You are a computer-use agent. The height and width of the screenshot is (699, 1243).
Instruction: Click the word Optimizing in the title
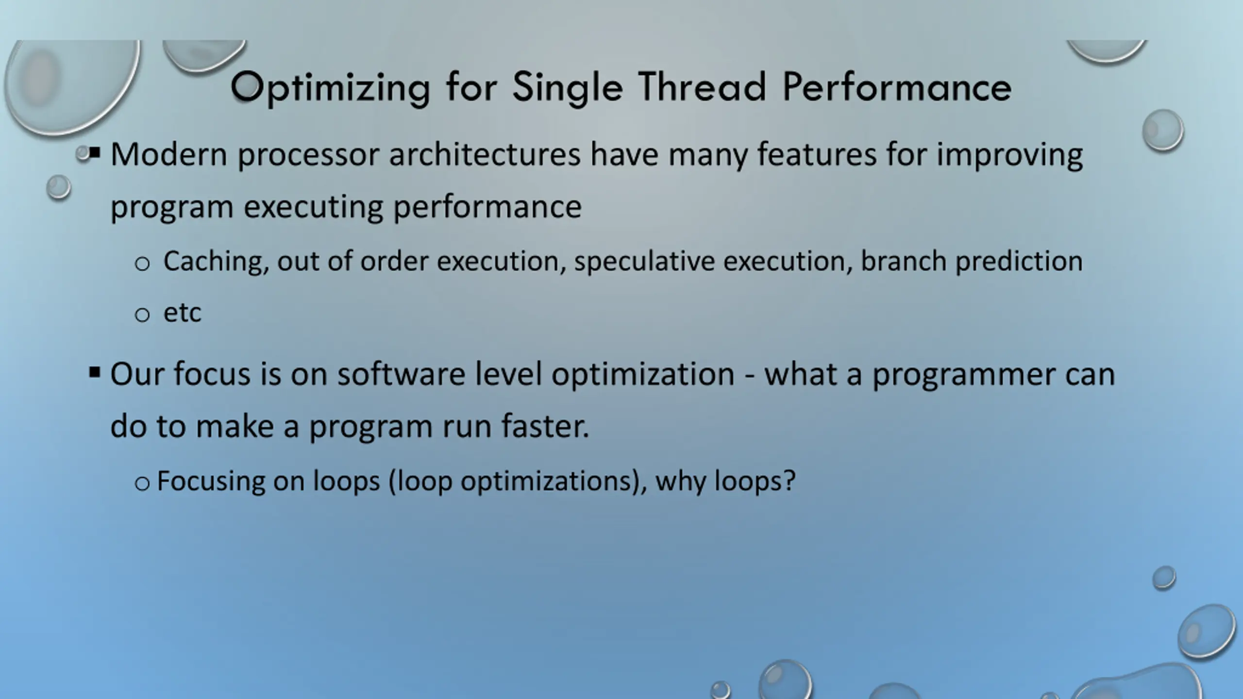tap(331, 88)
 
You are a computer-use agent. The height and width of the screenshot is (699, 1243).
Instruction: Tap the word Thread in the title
tap(702, 86)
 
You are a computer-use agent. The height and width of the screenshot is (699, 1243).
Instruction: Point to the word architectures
tap(485, 154)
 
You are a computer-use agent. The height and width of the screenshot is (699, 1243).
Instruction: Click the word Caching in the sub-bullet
tap(216, 262)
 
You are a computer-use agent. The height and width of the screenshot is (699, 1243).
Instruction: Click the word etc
tap(182, 313)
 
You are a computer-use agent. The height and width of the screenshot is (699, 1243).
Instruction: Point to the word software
tap(401, 374)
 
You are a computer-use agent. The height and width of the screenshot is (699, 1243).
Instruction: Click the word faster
tap(545, 426)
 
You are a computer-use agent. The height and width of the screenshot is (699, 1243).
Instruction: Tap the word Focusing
tap(211, 482)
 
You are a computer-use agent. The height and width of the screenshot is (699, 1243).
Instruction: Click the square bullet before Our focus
tap(95, 373)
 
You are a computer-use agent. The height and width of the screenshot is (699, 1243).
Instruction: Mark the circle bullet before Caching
tap(142, 264)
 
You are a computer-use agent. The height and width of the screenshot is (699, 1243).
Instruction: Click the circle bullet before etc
tap(142, 315)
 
